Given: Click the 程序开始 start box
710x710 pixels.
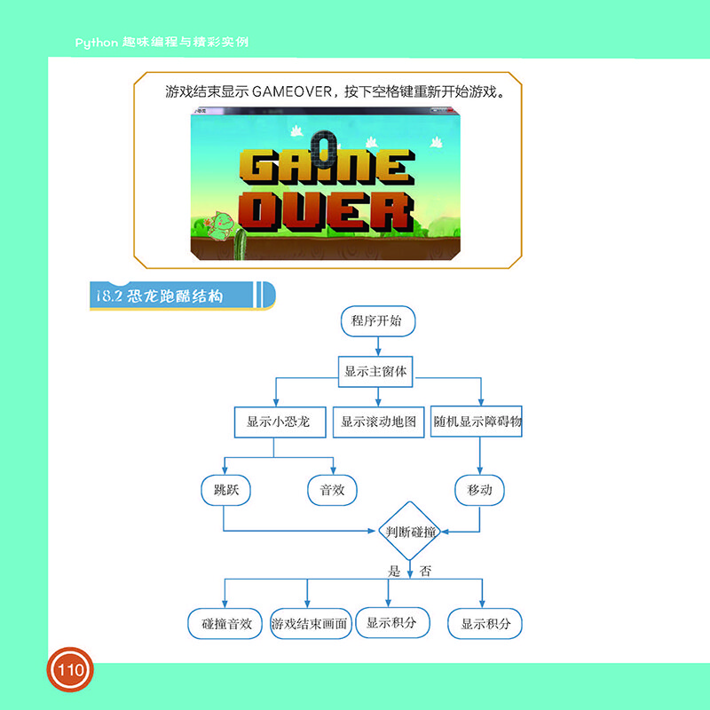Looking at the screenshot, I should click(376, 320).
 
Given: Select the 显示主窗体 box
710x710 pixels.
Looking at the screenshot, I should click(376, 372).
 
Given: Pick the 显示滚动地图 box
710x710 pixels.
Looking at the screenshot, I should click(379, 422).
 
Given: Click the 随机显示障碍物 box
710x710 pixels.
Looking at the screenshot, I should click(477, 422).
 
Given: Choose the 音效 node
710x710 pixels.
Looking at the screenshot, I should click(332, 490).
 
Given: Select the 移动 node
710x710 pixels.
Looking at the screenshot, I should click(479, 490).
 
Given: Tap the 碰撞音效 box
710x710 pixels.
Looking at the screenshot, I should click(227, 624).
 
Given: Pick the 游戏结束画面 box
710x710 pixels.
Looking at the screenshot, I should click(309, 624).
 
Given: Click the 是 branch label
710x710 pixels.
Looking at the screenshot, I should click(395, 572).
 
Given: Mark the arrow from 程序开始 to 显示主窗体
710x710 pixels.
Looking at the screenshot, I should click(376, 346).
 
